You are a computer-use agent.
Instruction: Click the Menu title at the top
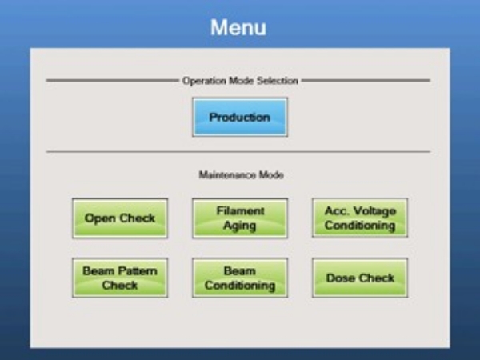[x=238, y=27]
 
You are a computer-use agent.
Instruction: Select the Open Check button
[x=120, y=218]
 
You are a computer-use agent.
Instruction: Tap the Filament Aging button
[x=240, y=218]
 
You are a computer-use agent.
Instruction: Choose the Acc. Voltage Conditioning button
[x=360, y=218]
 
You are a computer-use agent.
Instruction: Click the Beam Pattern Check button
[x=120, y=278]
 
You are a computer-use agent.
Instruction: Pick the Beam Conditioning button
[x=240, y=278]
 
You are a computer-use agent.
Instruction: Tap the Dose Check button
[x=360, y=278]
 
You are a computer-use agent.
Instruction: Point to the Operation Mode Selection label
[x=240, y=81]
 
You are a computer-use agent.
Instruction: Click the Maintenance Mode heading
[x=242, y=174]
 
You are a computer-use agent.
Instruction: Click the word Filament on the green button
[x=240, y=210]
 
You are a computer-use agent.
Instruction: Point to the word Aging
[x=240, y=226]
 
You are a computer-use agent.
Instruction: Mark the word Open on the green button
[x=100, y=218]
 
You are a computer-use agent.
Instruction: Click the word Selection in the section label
[x=278, y=81]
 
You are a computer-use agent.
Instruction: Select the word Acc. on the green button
[x=335, y=210]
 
